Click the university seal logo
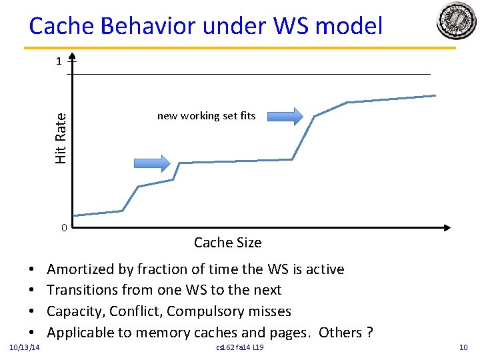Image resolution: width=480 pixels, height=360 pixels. point(456,21)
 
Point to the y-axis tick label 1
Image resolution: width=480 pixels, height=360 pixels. point(59,61)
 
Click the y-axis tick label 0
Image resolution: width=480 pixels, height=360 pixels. point(63,228)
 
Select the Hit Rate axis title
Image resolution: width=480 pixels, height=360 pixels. point(61,137)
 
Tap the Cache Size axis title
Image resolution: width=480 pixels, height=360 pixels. point(227,243)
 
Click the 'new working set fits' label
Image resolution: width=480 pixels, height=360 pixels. point(206,116)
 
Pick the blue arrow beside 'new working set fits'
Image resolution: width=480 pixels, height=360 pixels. point(280,117)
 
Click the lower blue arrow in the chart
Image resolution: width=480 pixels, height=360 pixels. point(152,162)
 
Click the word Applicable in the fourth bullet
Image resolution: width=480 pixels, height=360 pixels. point(81,332)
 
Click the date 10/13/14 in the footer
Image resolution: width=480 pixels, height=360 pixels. point(25,348)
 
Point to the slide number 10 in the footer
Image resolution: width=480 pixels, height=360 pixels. point(463,348)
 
